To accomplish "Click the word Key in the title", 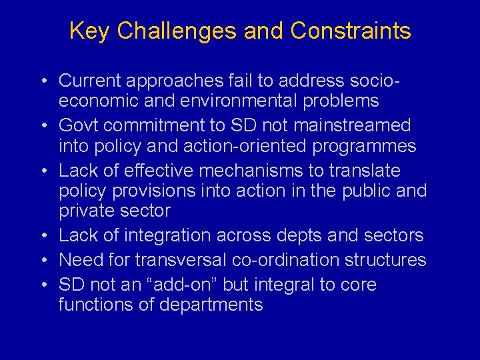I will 87,31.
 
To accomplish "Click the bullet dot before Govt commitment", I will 43,126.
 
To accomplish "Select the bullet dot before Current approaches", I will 43,81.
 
